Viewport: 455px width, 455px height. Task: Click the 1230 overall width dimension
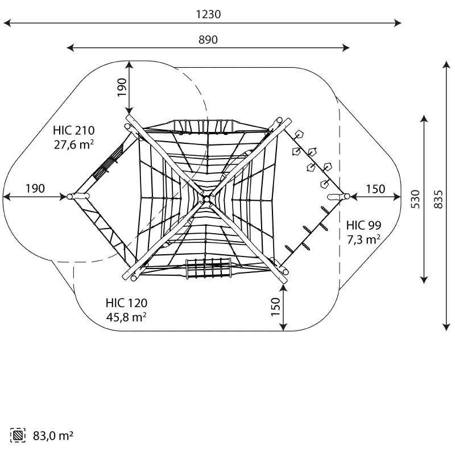[x=208, y=14]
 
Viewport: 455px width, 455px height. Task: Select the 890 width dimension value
[x=208, y=40]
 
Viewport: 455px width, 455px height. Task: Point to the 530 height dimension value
[x=415, y=199]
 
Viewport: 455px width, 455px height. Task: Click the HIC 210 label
[x=74, y=131]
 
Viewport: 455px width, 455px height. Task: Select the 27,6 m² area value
[x=74, y=144]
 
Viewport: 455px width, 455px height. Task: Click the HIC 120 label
[x=126, y=303]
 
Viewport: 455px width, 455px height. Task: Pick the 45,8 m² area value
[x=126, y=317]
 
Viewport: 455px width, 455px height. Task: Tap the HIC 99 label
[x=363, y=225]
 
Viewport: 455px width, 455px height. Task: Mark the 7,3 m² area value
[x=364, y=239]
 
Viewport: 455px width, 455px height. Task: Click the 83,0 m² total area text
[x=53, y=436]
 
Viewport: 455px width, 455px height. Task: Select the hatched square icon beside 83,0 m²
[x=18, y=435]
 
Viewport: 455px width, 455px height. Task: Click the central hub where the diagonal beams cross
[x=206, y=199]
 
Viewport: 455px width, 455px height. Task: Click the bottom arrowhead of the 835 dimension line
[x=446, y=326]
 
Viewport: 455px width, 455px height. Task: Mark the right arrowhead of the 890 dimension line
[x=346, y=48]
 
